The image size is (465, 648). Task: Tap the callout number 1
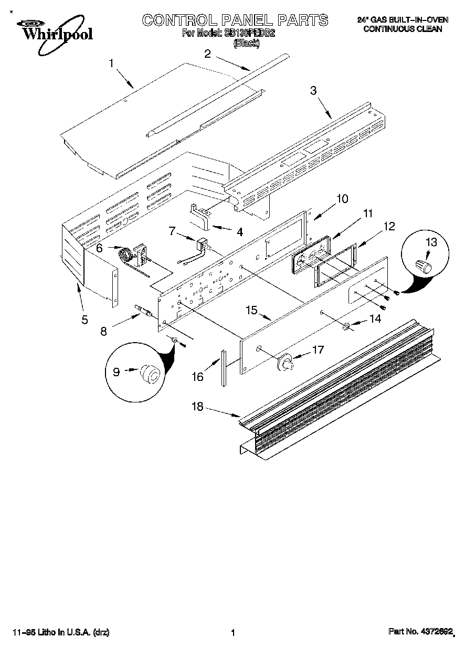pyautogui.click(x=111, y=63)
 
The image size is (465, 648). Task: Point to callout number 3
pyautogui.click(x=313, y=90)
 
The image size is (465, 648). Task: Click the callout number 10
pyautogui.click(x=342, y=199)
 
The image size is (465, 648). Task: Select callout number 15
pyautogui.click(x=252, y=310)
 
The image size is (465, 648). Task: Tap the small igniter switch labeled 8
pyautogui.click(x=143, y=313)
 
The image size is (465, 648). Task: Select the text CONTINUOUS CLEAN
pyautogui.click(x=403, y=29)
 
